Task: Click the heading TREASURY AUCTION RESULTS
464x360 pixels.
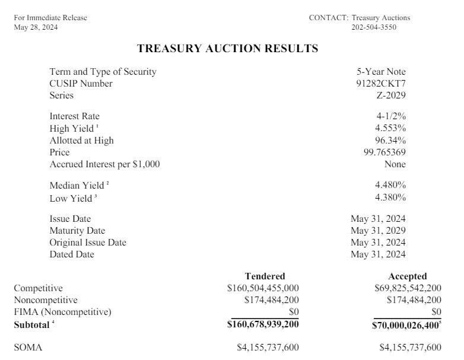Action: tap(227, 49)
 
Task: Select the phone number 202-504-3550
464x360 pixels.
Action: tap(374, 27)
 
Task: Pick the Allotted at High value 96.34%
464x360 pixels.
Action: tap(389, 141)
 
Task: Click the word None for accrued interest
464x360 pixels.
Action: tap(394, 164)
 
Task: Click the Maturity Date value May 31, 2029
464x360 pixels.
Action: tap(378, 231)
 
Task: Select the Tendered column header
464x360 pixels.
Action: tap(265, 276)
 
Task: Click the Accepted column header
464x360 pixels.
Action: tap(407, 276)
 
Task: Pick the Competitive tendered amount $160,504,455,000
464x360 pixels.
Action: tap(263, 288)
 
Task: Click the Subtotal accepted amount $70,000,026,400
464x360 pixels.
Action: tap(406, 324)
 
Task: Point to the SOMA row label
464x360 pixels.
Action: tap(28, 348)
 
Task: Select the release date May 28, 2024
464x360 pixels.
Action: tap(36, 27)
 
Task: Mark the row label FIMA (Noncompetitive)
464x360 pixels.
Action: tap(62, 312)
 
